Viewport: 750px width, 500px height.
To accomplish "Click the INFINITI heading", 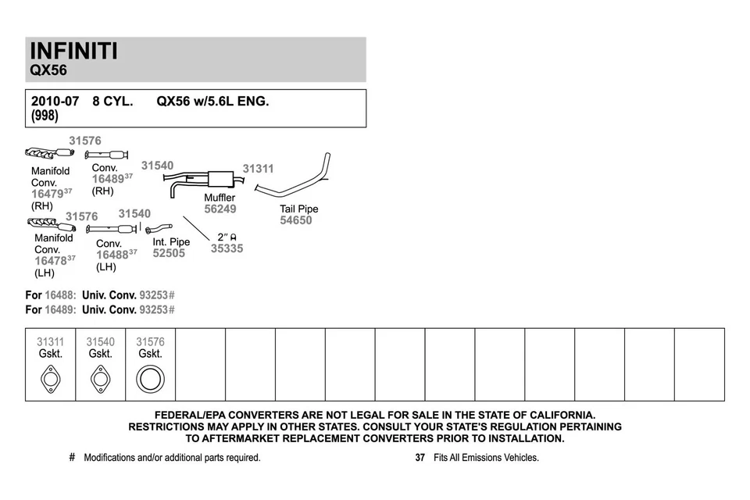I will click(73, 51).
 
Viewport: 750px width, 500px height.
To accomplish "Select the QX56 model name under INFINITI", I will click(48, 70).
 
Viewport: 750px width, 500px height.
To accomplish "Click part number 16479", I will click(47, 194).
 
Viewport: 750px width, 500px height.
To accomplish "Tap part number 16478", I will click(50, 261).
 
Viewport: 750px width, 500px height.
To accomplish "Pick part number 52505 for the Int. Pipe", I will click(169, 253).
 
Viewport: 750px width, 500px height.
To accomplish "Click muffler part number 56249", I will click(220, 209).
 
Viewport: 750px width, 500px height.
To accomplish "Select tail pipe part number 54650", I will click(295, 220).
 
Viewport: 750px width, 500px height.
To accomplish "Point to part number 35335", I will click(227, 248).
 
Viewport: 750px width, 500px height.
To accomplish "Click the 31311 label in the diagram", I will click(258, 169).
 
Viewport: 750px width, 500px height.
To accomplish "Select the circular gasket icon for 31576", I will click(150, 380).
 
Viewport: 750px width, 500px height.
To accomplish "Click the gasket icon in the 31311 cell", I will click(50, 380).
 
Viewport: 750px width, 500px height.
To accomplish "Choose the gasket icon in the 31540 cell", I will click(100, 380).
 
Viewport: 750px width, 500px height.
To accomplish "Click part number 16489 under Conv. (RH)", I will click(108, 179).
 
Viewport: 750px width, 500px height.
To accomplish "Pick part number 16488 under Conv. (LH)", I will click(112, 255).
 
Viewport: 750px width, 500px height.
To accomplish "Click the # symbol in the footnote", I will click(72, 458).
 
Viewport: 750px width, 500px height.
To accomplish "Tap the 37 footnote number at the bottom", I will click(420, 458).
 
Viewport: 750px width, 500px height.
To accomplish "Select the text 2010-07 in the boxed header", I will click(55, 102).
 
